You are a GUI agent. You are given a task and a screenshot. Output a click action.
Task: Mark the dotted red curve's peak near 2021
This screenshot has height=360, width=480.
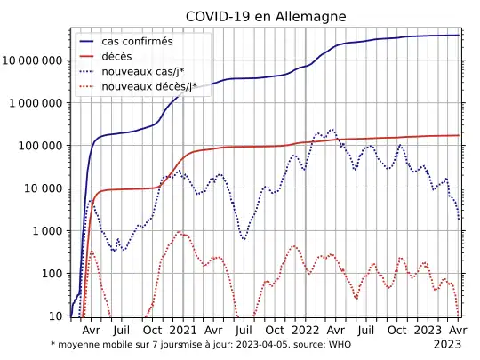[180, 232]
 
